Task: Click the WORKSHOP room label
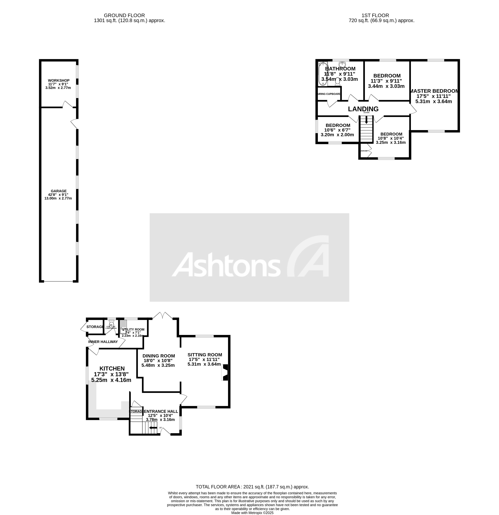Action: tap(59, 80)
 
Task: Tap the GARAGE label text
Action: tap(59, 191)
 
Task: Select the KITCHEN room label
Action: tap(112, 369)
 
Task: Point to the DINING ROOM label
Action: tap(159, 356)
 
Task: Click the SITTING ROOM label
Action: tap(205, 355)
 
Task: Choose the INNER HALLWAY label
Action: tap(103, 342)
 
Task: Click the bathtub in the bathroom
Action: tap(323, 74)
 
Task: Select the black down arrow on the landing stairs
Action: tap(366, 120)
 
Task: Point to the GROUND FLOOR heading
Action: tap(124, 15)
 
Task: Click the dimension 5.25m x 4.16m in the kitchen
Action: tap(111, 380)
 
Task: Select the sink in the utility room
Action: tap(123, 325)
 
